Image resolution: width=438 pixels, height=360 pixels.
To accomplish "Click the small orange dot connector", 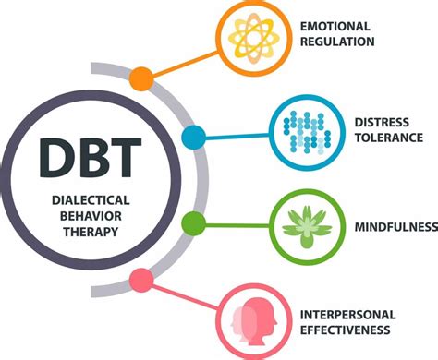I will [x=141, y=78].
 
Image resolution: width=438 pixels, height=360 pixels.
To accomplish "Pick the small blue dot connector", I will [x=194, y=138].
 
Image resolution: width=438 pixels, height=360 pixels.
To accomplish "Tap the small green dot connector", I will [x=193, y=222].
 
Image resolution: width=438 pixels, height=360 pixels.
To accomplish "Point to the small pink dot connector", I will [x=141, y=279].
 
